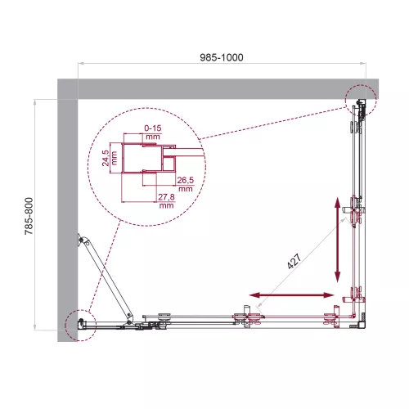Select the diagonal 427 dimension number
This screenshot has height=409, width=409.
(x=294, y=262)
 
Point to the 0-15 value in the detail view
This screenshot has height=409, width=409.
(x=151, y=130)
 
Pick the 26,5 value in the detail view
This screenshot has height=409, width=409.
(x=184, y=184)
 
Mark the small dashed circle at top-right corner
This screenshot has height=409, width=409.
(x=359, y=101)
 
